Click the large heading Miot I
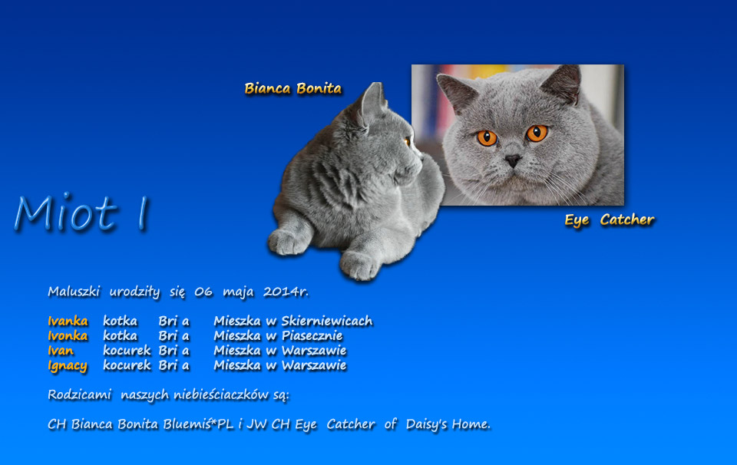[x=81, y=213]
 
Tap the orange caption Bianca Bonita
[x=292, y=88]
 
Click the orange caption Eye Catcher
[x=609, y=219]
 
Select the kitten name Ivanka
[x=68, y=321]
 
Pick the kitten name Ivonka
[x=68, y=335]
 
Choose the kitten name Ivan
[x=61, y=351]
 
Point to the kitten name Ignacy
[x=68, y=366]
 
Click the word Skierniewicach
[x=327, y=321]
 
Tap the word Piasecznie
[x=312, y=335]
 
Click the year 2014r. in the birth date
[x=286, y=292]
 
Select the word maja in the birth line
[x=238, y=292]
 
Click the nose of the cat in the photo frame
[x=512, y=160]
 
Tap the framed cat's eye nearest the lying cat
[x=487, y=138]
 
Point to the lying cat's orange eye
[x=407, y=141]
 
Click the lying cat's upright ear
[x=372, y=104]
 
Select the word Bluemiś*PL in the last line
[x=198, y=424]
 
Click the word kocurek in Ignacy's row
[x=127, y=365]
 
